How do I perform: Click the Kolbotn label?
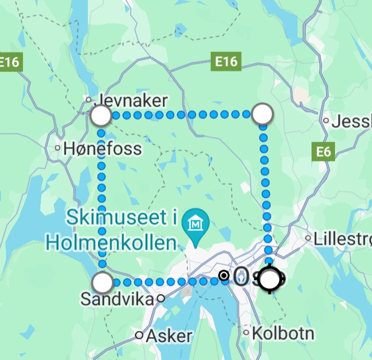click(283, 333)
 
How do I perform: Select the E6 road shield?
click(324, 151)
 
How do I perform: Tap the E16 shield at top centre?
click(226, 61)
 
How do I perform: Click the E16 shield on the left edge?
click(9, 62)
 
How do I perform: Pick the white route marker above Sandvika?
click(103, 282)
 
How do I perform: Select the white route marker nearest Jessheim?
click(263, 114)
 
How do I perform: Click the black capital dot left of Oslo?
click(224, 275)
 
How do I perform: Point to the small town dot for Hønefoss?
click(58, 148)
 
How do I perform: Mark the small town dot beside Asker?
click(139, 335)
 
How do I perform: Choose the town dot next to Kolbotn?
click(246, 332)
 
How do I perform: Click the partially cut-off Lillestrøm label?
click(343, 238)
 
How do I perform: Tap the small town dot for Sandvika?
click(161, 298)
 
